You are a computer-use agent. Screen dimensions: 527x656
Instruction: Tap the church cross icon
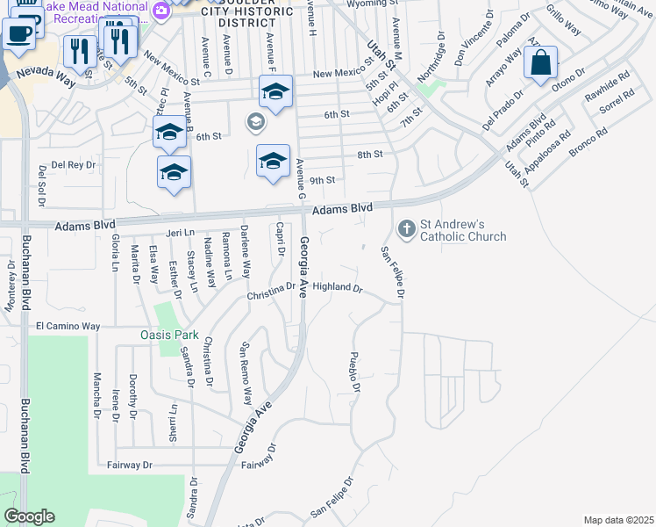point(406,229)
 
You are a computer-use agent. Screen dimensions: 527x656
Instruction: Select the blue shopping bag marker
point(541,64)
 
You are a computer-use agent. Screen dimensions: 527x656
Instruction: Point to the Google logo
point(29,516)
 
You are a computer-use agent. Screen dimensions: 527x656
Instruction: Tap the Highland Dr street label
point(337,287)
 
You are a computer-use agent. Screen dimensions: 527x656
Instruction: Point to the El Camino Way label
point(68,326)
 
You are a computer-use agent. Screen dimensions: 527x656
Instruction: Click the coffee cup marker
point(19,33)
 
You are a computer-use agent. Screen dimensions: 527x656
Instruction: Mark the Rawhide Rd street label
point(608,90)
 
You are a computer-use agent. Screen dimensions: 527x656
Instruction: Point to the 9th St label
point(323,180)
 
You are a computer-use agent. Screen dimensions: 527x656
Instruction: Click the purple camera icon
point(160,11)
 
